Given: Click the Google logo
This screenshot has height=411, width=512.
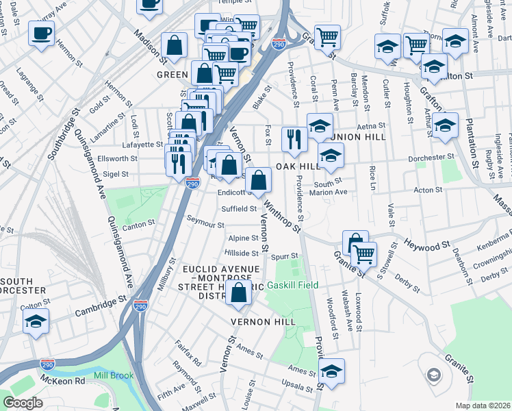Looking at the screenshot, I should click(x=23, y=403).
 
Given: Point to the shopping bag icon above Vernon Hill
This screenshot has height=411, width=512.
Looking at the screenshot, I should click(x=239, y=294).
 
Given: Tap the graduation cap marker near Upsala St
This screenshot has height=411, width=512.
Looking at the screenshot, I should click(x=331, y=371).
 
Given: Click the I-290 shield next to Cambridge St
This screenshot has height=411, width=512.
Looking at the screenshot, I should click(x=141, y=304).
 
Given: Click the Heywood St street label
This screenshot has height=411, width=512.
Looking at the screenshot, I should click(x=425, y=244).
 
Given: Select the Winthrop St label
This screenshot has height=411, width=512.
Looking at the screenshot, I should click(x=282, y=215).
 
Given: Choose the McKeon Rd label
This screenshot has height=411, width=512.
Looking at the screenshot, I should click(x=64, y=381).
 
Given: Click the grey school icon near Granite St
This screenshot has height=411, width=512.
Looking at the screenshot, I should click(x=433, y=375).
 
